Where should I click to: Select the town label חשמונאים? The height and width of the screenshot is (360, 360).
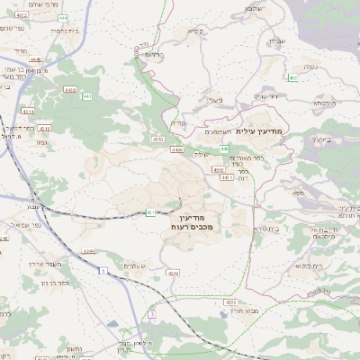[x=219, y=132]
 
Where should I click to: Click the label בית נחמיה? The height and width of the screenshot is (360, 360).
[x=53, y=30]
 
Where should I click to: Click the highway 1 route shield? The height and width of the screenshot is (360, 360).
[x=104, y=269]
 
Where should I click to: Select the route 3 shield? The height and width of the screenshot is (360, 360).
[x=152, y=313]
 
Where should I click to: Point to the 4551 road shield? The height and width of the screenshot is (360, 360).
[x=231, y=302]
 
